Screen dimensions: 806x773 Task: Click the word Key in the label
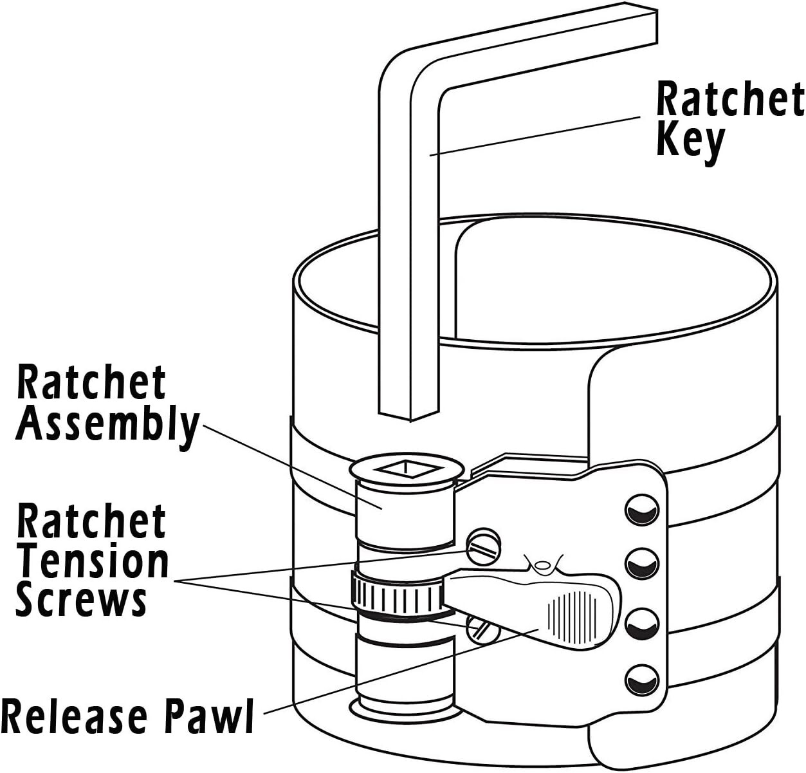690,143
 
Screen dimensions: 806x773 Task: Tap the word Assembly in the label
107,427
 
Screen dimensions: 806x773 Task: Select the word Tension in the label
93,561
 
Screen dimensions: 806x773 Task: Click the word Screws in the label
81,599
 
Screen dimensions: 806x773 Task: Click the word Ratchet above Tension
91,520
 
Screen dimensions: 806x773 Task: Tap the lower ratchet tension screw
482,629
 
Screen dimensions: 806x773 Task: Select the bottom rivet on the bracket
641,680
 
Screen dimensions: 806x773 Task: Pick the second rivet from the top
641,564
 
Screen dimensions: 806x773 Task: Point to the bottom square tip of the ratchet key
408,415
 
